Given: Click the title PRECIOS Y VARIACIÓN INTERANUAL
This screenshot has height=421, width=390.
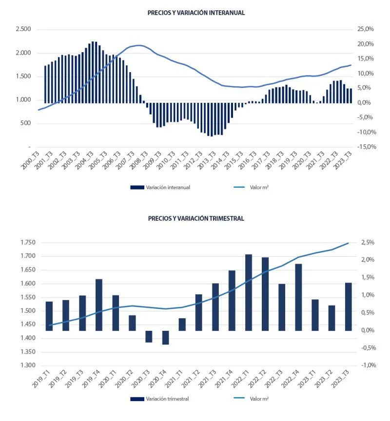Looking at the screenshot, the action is pyautogui.click(x=196, y=13).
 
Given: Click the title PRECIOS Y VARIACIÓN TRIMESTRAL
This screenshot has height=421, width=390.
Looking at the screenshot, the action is pyautogui.click(x=196, y=218).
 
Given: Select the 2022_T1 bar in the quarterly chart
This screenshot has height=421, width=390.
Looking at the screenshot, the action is pyautogui.click(x=249, y=292).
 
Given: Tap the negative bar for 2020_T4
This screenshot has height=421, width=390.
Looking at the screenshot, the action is pyautogui.click(x=165, y=338).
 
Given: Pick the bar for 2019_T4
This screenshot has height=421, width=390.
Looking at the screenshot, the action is pyautogui.click(x=99, y=305).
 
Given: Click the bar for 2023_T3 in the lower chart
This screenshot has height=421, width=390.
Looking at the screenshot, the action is pyautogui.click(x=349, y=306).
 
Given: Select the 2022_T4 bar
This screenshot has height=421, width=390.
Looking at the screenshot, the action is pyautogui.click(x=298, y=297).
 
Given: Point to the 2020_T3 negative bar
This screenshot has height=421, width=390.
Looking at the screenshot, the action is pyautogui.click(x=149, y=336).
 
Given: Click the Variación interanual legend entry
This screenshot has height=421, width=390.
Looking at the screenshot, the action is pyautogui.click(x=160, y=188).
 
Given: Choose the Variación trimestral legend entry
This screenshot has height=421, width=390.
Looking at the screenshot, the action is pyautogui.click(x=159, y=399).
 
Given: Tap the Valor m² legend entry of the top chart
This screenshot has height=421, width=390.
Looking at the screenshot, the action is pyautogui.click(x=251, y=188).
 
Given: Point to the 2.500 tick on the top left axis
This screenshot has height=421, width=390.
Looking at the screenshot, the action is pyautogui.click(x=23, y=29).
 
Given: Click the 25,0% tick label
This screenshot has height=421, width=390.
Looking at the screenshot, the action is pyautogui.click(x=366, y=29).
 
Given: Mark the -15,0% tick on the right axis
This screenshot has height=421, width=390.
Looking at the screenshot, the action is pyautogui.click(x=367, y=147).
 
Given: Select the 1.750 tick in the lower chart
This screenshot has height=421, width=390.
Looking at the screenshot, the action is pyautogui.click(x=28, y=242).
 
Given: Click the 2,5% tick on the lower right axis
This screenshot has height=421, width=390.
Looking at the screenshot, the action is pyautogui.click(x=368, y=242).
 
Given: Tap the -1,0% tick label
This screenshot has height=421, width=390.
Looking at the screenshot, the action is pyautogui.click(x=369, y=365).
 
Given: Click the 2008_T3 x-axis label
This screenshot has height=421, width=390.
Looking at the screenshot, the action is pyautogui.click(x=139, y=160).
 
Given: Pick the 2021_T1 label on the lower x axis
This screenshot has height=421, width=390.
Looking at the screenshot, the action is pyautogui.click(x=174, y=379).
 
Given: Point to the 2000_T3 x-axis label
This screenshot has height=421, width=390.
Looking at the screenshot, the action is pyautogui.click(x=30, y=160).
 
